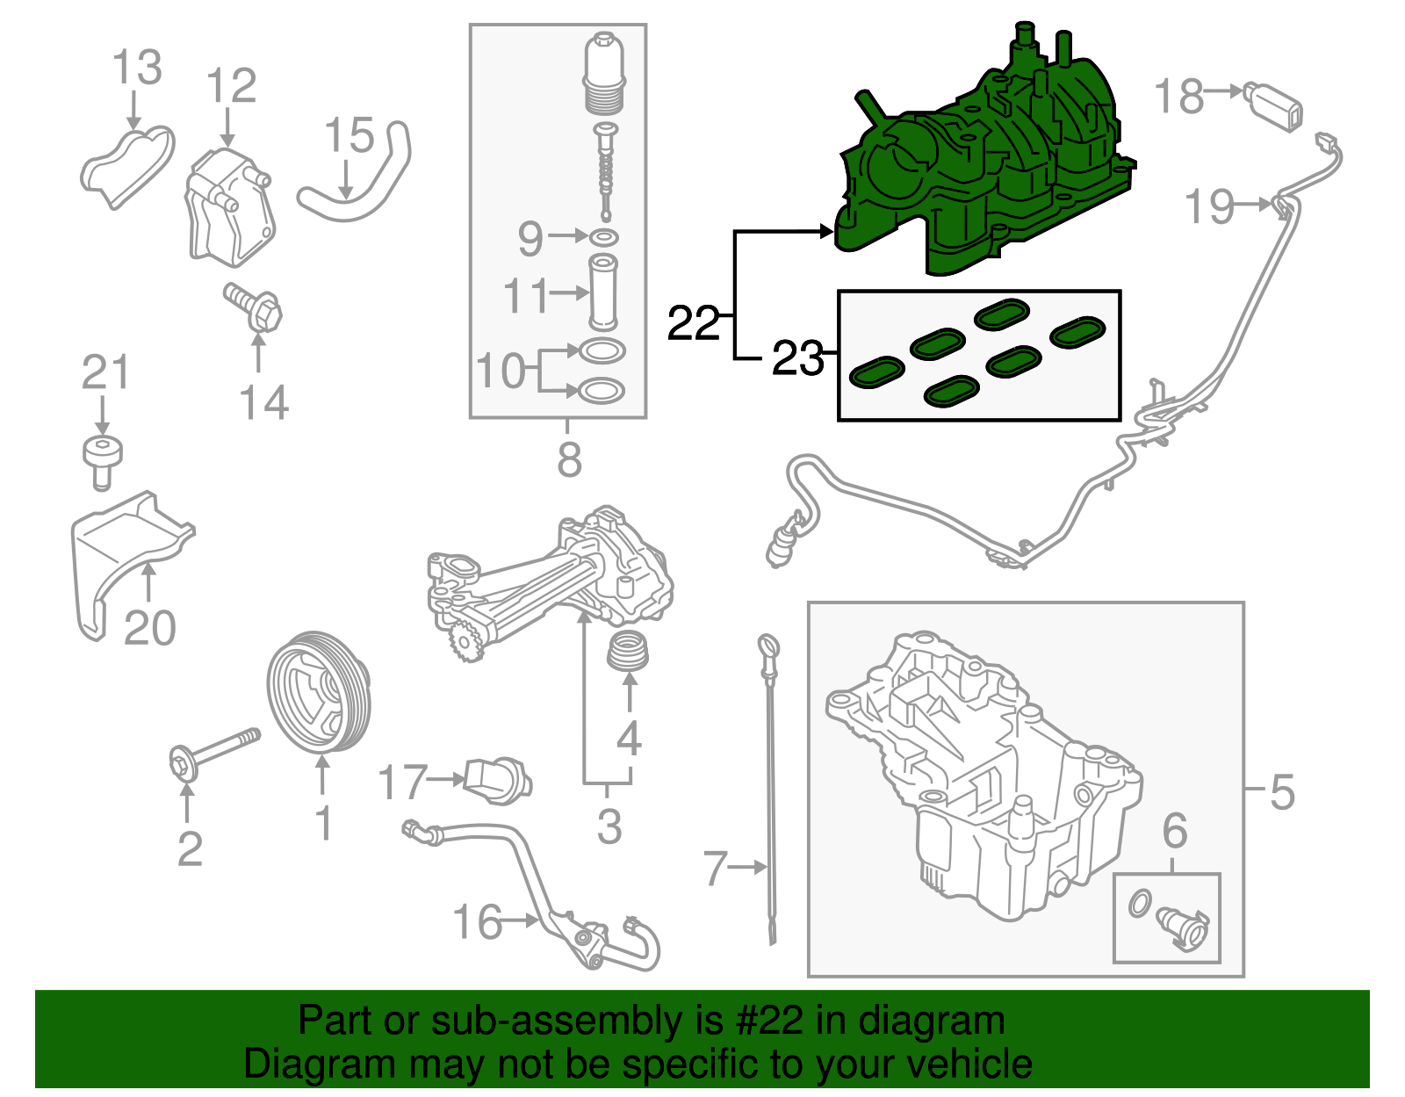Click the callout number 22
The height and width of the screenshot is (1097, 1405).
(693, 324)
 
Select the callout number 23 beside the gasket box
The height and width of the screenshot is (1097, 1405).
(796, 358)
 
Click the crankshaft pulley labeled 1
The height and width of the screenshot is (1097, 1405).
(319, 693)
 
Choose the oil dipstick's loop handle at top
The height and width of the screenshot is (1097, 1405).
(767, 649)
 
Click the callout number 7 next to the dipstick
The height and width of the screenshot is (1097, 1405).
(716, 869)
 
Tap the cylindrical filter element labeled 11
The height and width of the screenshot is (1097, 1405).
(603, 290)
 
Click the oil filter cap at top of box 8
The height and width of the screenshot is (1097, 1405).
(603, 75)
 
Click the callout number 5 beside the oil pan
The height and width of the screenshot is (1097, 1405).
(1282, 792)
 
